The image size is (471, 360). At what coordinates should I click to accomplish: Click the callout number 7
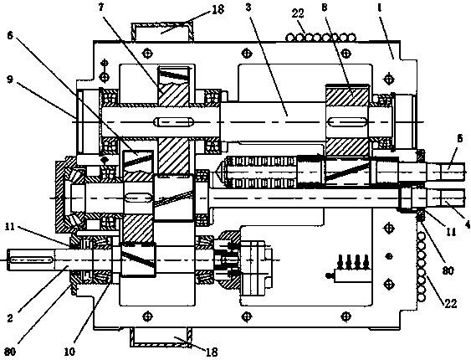pyautogui.click(x=101, y=8)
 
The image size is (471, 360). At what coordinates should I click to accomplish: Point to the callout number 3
pyautogui.click(x=248, y=8)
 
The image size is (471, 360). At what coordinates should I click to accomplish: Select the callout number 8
pyautogui.click(x=324, y=8)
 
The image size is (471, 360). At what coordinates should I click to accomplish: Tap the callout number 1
pyautogui.click(x=380, y=8)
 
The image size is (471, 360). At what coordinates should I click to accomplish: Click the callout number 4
pyautogui.click(x=468, y=224)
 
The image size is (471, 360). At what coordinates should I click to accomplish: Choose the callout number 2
pyautogui.click(x=10, y=318)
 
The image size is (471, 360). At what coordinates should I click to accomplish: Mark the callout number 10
pyautogui.click(x=69, y=351)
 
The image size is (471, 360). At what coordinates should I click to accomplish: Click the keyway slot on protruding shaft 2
pyautogui.click(x=31, y=259)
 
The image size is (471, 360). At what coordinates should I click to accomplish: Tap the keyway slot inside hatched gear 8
pyautogui.click(x=348, y=122)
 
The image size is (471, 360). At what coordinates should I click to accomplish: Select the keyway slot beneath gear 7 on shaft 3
pyautogui.click(x=172, y=122)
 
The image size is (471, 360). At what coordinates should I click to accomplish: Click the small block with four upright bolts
pyautogui.click(x=349, y=269)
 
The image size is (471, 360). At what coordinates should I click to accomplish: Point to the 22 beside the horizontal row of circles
pyautogui.click(x=297, y=13)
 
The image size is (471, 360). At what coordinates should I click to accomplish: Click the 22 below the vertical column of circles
pyautogui.click(x=451, y=304)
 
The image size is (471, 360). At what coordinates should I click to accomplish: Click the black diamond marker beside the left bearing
pyautogui.click(x=105, y=160)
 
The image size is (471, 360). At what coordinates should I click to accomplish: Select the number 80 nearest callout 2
pyautogui.click(x=10, y=352)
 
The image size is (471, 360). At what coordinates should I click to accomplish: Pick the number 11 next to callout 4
pyautogui.click(x=451, y=232)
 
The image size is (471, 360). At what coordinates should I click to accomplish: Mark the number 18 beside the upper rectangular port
pyautogui.click(x=218, y=9)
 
